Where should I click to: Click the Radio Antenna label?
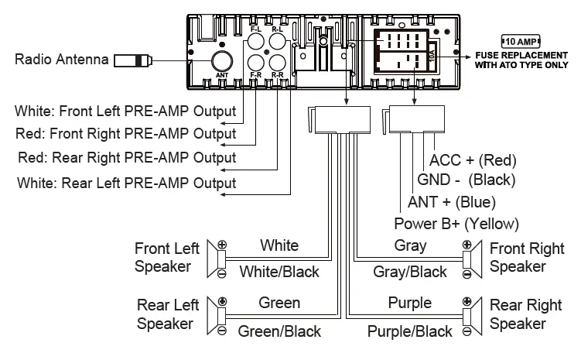click(x=60, y=60)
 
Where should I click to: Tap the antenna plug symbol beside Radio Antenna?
click(x=132, y=60)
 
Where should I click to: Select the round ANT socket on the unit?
click(x=223, y=61)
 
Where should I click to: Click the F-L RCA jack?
click(x=256, y=43)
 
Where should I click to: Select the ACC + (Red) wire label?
click(x=473, y=161)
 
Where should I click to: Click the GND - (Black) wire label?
click(x=467, y=181)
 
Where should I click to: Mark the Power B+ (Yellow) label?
click(x=456, y=224)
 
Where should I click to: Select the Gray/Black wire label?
click(x=410, y=272)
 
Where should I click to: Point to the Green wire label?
click(x=279, y=303)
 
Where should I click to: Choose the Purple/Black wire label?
click(x=409, y=331)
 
